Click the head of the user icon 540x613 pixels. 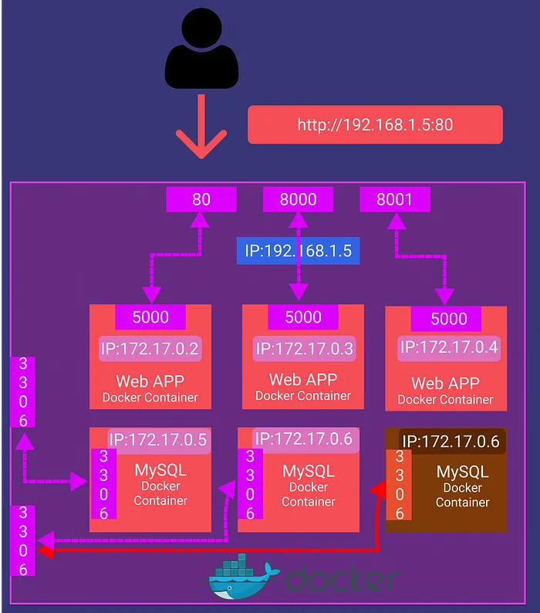pyautogui.click(x=201, y=28)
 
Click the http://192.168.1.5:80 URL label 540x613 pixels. pyautogui.click(x=375, y=125)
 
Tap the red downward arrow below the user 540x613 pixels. pyautogui.click(x=201, y=127)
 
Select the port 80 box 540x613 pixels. pyautogui.click(x=201, y=199)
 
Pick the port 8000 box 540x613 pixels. pyautogui.click(x=298, y=199)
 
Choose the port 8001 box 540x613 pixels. pyautogui.click(x=395, y=199)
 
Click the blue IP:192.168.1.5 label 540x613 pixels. pyautogui.click(x=298, y=251)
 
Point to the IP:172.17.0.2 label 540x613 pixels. pyautogui.click(x=150, y=349)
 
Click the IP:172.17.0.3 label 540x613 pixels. pyautogui.click(x=304, y=349)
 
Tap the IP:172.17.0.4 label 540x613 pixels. pyautogui.click(x=449, y=347)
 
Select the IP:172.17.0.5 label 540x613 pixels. pyautogui.click(x=158, y=440)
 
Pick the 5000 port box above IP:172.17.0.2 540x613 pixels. pyautogui.click(x=150, y=317)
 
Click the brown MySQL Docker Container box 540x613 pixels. pyautogui.click(x=446, y=479)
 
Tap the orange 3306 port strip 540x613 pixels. pyautogui.click(x=399, y=485)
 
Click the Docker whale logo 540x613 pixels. pyautogui.click(x=241, y=577)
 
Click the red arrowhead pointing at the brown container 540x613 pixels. pyautogui.click(x=378, y=489)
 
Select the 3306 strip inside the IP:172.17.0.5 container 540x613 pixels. pyautogui.click(x=103, y=484)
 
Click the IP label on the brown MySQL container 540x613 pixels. pyautogui.click(x=451, y=442)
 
